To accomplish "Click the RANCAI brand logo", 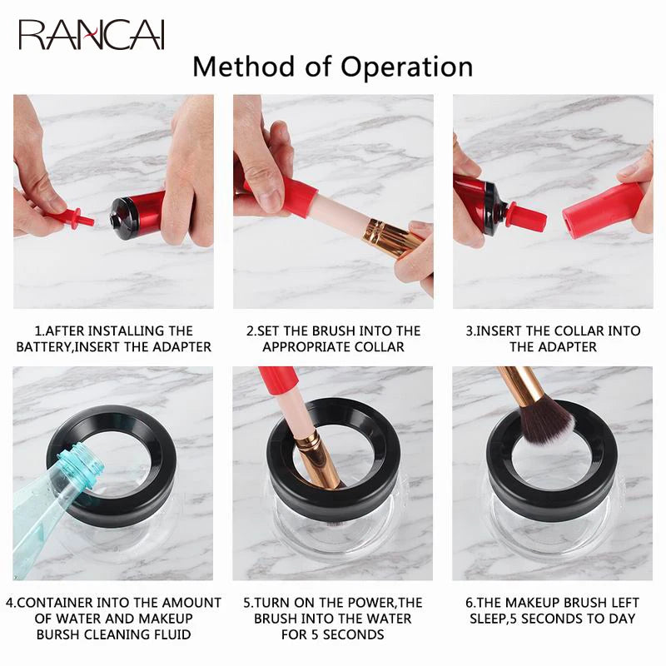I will pyautogui.click(x=92, y=35).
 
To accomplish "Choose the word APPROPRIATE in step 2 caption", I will pyautogui.click(x=309, y=346).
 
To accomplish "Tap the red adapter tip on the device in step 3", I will pyautogui.click(x=526, y=218).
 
